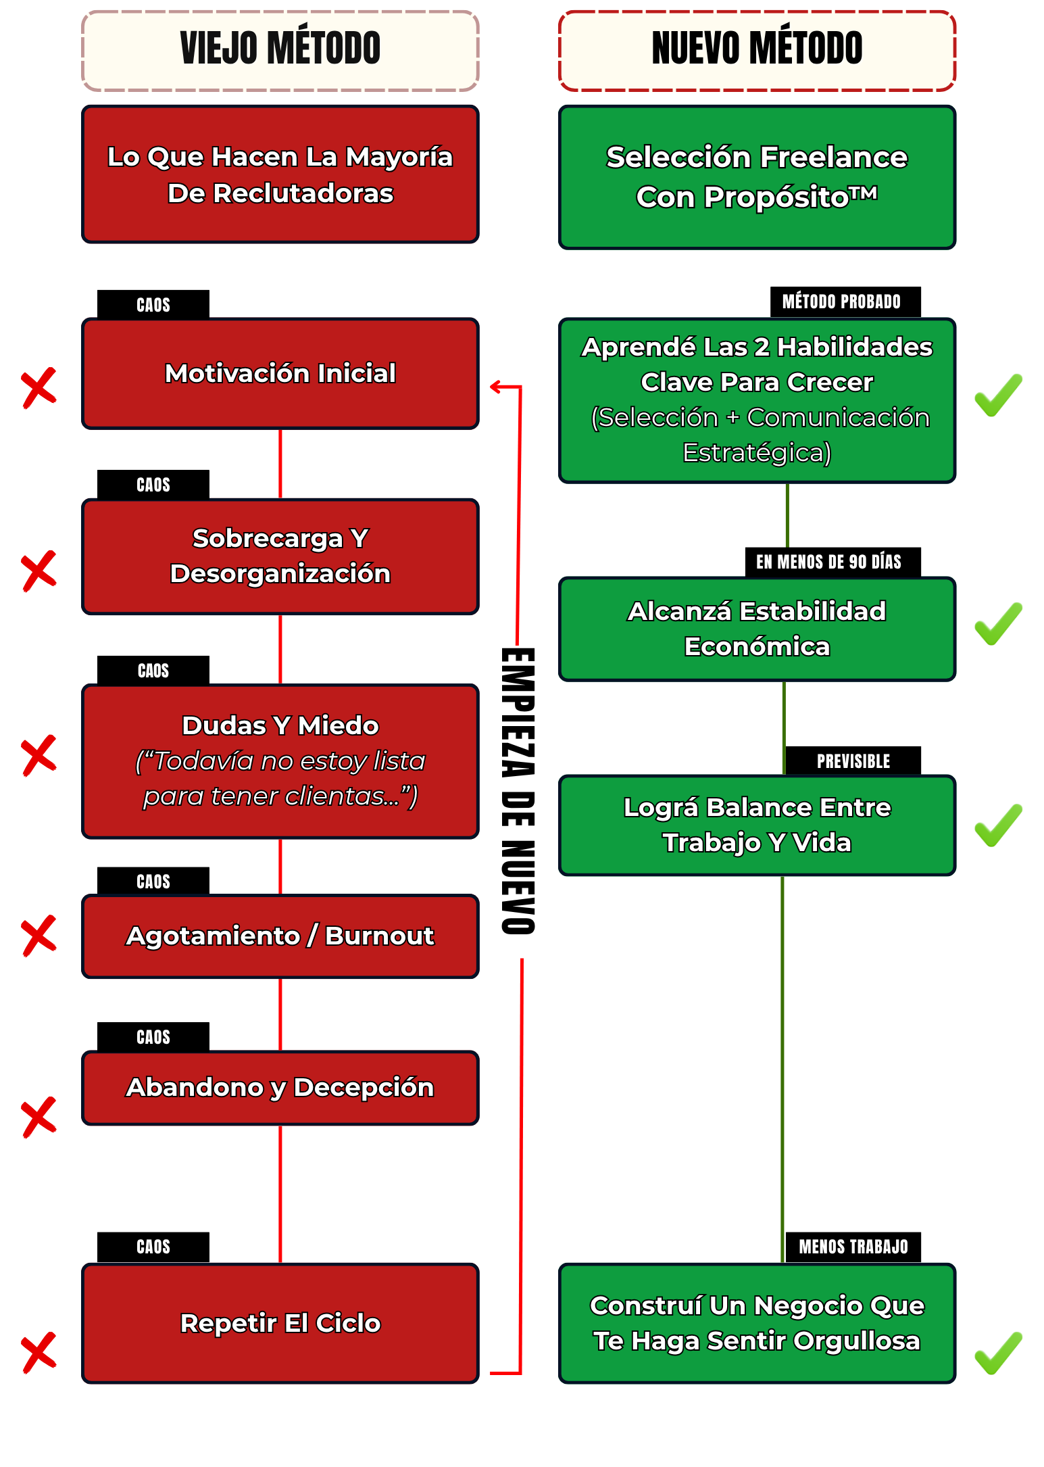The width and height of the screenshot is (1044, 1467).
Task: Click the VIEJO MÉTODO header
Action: pos(280,50)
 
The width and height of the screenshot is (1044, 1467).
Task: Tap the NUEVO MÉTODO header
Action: pos(757,50)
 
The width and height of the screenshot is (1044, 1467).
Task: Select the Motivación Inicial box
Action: pos(280,373)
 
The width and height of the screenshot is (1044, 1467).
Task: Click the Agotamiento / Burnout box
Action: pos(280,936)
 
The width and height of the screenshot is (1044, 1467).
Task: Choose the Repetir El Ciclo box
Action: pos(280,1323)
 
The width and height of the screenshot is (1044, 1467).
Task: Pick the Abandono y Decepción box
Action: pos(280,1088)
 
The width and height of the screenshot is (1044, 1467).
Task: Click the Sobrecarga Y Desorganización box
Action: pos(280,556)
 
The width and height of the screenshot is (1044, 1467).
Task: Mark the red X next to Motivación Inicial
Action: pos(39,388)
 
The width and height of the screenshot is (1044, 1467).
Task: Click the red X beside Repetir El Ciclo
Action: pos(39,1353)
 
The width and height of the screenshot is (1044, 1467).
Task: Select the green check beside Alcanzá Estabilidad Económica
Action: pos(998,623)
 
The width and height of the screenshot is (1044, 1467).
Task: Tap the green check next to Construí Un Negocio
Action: pos(998,1353)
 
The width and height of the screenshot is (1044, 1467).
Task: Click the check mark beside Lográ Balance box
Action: pos(998,825)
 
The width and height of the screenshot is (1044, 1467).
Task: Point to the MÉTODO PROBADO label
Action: pos(841,302)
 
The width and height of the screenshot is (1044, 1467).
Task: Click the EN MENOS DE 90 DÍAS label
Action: pos(828,562)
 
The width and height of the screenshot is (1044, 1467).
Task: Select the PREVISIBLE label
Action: pos(853,761)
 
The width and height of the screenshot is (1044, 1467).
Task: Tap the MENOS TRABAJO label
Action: pos(853,1247)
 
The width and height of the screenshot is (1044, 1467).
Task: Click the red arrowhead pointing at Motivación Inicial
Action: pos(495,387)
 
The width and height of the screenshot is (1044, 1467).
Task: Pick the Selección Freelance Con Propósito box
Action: pos(757,177)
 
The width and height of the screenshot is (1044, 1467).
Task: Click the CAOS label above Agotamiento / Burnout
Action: pos(153,882)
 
